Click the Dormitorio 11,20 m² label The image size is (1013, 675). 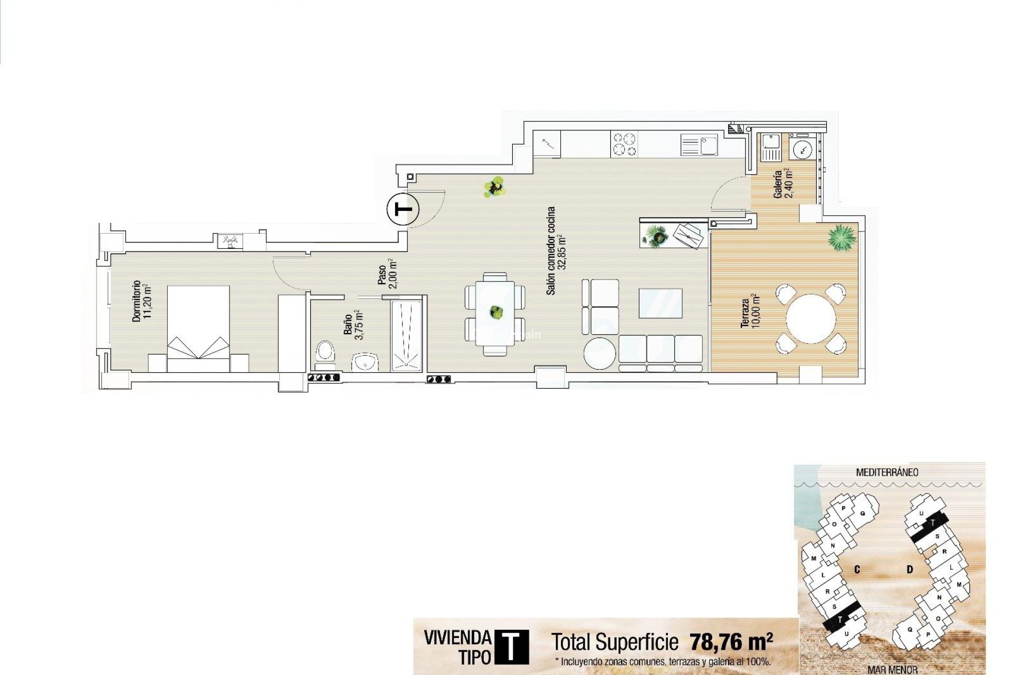[141, 301]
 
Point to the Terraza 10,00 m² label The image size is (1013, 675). [750, 313]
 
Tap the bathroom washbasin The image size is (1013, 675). [365, 363]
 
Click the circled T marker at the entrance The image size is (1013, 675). [403, 209]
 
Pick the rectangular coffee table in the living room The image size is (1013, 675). [660, 303]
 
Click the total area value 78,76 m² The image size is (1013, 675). [731, 642]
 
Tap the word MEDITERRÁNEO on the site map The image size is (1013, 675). [887, 472]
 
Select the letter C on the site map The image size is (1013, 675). [857, 570]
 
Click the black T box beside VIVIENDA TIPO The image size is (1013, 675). [511, 647]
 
